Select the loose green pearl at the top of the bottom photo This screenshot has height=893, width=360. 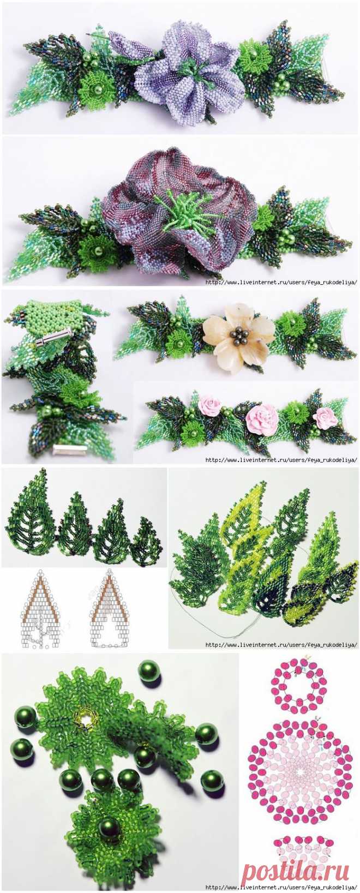149,672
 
